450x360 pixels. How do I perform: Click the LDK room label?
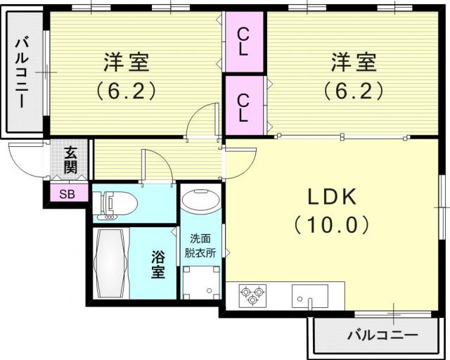coord(332,197)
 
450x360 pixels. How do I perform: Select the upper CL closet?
coord(244,41)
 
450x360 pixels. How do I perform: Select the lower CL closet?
coord(244,105)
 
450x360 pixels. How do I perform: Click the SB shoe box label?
coord(67,194)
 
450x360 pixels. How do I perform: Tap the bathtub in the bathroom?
coord(111,263)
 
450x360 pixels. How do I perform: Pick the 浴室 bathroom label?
coord(158,264)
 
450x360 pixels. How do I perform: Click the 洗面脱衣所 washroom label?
coord(200,245)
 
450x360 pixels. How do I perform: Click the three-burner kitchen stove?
coord(252,295)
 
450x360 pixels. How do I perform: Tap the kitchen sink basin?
coord(309,296)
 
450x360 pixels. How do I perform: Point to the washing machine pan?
coord(201,283)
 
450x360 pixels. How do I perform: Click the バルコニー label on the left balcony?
coord(22,73)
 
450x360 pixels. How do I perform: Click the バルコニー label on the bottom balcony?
coord(382,335)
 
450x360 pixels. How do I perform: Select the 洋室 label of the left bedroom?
coord(127,62)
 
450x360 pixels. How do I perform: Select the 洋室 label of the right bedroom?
coord(354,62)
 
